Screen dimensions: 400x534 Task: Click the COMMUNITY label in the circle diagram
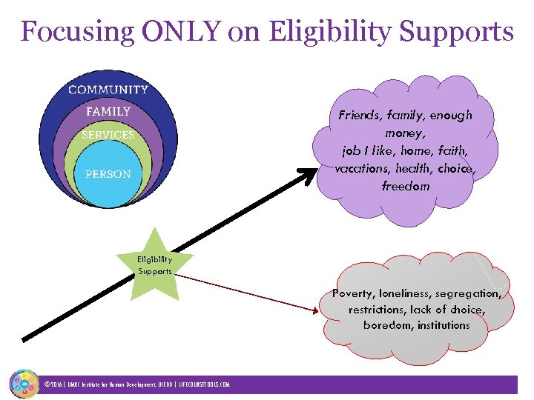pyautogui.click(x=108, y=90)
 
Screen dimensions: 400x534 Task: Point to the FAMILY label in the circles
pyautogui.click(x=108, y=111)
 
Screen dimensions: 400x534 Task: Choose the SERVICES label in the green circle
pyautogui.click(x=108, y=135)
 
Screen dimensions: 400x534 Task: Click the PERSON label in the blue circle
pyautogui.click(x=108, y=174)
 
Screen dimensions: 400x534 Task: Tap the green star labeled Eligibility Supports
pyautogui.click(x=155, y=265)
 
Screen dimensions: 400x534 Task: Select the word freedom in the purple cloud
pyautogui.click(x=406, y=186)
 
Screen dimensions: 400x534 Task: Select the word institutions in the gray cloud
pyautogui.click(x=444, y=325)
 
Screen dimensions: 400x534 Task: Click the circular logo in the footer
pyautogui.click(x=23, y=384)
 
